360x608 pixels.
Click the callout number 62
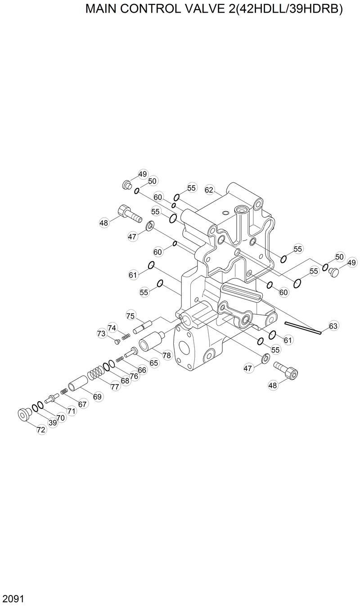point(209,190)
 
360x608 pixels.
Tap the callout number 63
point(333,326)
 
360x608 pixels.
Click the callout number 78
point(167,355)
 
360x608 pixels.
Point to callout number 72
point(41,430)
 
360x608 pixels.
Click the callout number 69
point(98,396)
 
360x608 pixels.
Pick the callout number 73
point(101,334)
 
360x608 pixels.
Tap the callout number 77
point(115,386)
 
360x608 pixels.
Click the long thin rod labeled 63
point(302,328)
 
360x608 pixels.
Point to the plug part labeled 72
point(24,413)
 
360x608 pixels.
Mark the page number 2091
point(13,599)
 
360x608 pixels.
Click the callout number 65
point(154,363)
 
